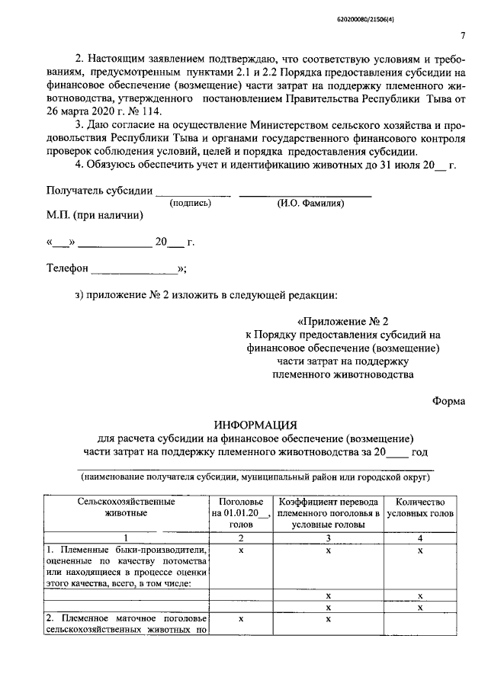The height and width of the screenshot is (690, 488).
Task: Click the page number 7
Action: [463, 36]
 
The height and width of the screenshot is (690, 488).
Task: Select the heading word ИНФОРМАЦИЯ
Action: [255, 424]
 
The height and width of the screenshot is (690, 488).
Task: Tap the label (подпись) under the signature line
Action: [191, 203]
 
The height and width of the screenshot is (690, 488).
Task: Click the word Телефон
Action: [68, 269]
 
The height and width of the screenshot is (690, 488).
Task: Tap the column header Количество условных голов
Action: [420, 508]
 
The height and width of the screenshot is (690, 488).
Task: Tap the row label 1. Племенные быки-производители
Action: [126, 550]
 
